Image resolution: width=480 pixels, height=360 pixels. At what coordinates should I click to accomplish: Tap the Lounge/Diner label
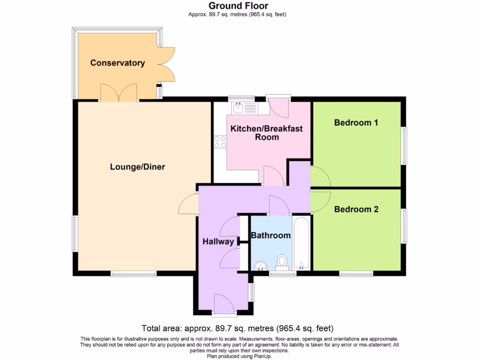(x=137, y=166)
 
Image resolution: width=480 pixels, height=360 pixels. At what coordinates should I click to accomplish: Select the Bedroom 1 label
(x=356, y=123)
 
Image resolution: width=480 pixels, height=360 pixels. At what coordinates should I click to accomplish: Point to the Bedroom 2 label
(x=356, y=210)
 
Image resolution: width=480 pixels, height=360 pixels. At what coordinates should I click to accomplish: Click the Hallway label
(x=218, y=242)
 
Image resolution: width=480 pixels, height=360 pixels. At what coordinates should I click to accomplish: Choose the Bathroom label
(x=270, y=235)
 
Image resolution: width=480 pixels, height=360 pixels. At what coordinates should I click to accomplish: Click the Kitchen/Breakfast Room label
(x=267, y=133)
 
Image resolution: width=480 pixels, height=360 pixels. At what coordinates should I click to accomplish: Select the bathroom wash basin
(x=259, y=266)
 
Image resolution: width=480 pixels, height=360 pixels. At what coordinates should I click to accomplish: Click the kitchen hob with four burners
(x=219, y=142)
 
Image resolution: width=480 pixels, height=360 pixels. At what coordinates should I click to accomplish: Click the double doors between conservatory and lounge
(x=119, y=93)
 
